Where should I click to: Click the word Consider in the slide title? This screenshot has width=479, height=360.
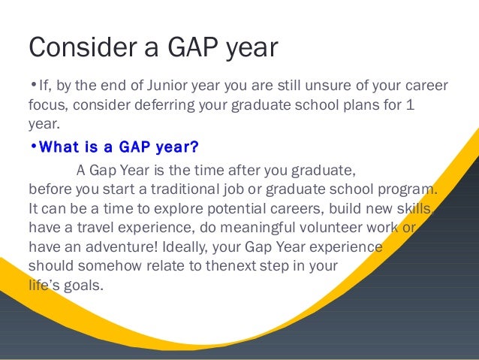[x=83, y=47]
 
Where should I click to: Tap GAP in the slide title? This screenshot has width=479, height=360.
[x=193, y=47]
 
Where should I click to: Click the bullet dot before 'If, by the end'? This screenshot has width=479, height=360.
[x=34, y=83]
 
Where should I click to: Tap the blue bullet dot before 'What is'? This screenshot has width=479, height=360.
[x=34, y=146]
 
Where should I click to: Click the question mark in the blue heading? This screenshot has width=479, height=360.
[x=194, y=147]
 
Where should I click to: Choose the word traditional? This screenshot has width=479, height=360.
[x=185, y=189]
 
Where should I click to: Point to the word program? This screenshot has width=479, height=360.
[x=407, y=189]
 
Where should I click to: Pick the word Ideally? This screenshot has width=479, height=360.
[x=185, y=247]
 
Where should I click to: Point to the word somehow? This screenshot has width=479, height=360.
[x=110, y=266]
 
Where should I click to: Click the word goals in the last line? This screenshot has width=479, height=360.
[x=83, y=286]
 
